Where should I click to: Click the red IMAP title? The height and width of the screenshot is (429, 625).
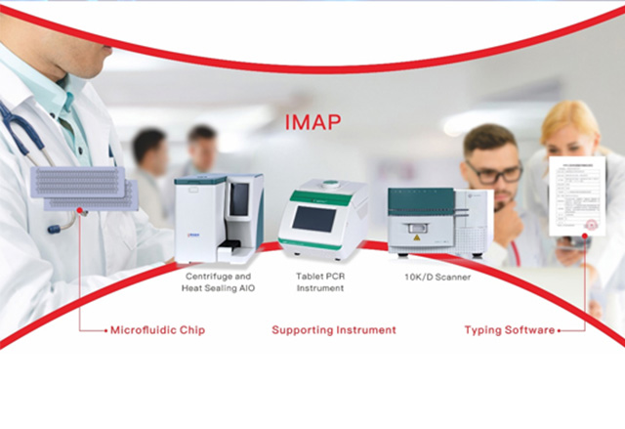click(312, 125)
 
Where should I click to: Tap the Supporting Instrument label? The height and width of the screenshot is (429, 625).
click(334, 330)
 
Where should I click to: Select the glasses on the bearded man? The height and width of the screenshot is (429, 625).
click(493, 174)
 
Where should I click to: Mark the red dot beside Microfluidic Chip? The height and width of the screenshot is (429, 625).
click(106, 331)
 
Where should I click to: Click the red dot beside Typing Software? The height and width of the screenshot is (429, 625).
click(560, 331)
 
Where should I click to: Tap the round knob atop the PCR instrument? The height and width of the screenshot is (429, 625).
click(324, 184)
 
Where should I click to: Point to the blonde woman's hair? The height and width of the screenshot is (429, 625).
click(571, 122)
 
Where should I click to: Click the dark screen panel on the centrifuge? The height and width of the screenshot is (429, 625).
click(239, 200)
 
